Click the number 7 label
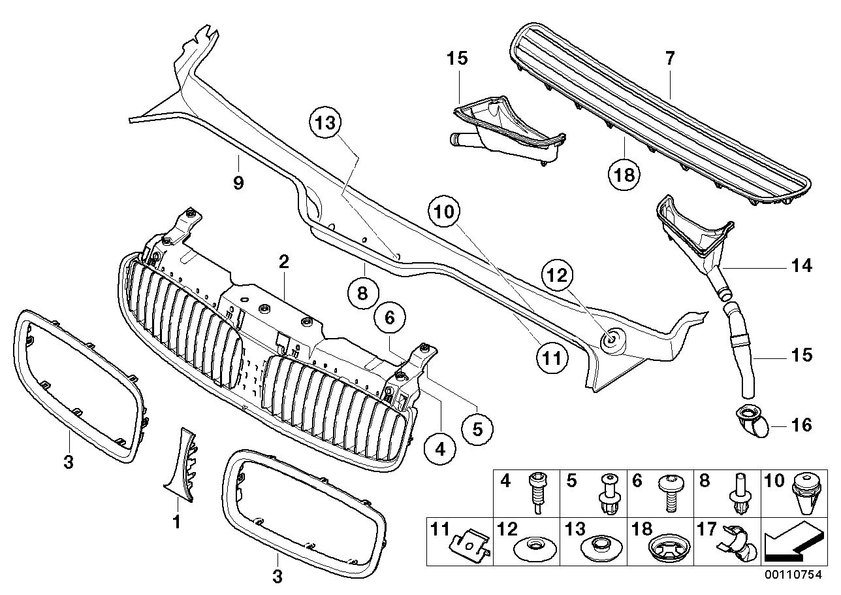[x=669, y=58]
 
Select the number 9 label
[x=238, y=183]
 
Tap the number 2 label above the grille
[x=283, y=263]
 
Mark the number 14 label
[x=801, y=266]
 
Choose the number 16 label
[x=801, y=426]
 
